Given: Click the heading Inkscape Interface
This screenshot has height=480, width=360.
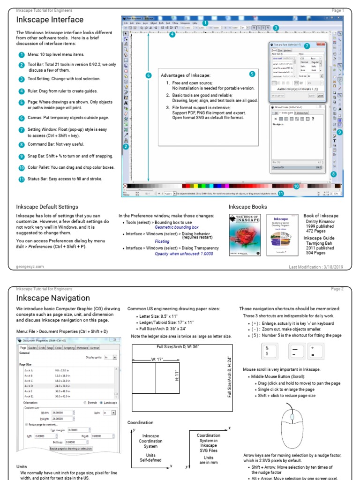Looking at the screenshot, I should [50, 20].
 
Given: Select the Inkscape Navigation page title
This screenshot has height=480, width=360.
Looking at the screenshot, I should [53, 298].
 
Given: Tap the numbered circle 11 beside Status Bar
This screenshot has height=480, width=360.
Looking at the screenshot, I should [21, 179].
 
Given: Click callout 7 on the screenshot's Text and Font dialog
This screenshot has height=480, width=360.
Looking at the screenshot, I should [307, 46].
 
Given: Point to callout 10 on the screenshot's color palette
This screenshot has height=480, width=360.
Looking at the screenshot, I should [296, 186].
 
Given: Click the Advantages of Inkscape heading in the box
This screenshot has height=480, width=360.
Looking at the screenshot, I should [186, 75].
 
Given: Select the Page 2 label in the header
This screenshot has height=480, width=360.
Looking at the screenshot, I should [337, 289].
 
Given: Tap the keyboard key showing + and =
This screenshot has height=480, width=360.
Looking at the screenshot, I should [318, 351].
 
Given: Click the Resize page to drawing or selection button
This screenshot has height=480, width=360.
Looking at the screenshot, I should [71, 449].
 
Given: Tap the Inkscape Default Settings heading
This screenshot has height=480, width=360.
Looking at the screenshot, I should [47, 207].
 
